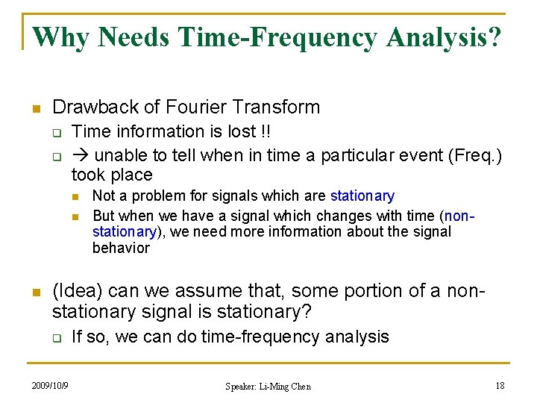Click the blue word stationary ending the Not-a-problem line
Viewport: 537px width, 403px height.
pyautogui.click(x=362, y=196)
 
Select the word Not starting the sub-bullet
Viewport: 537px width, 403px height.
pyautogui.click(x=104, y=196)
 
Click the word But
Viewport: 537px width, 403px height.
pyautogui.click(x=104, y=216)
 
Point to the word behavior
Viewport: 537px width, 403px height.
pyautogui.click(x=121, y=248)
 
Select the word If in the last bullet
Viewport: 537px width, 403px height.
pyautogui.click(x=78, y=337)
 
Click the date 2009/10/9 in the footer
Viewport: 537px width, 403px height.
pyautogui.click(x=50, y=386)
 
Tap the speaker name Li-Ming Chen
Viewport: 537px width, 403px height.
pyautogui.click(x=286, y=387)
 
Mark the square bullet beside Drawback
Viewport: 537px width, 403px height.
pyautogui.click(x=35, y=108)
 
